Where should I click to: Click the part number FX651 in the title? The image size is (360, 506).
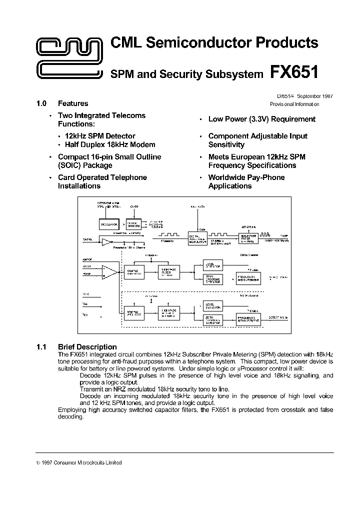point(294,72)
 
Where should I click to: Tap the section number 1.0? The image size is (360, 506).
point(41,103)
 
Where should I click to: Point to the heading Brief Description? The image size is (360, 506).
point(87,346)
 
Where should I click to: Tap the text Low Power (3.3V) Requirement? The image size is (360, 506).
point(261,119)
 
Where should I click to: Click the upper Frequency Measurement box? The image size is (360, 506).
point(248,278)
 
